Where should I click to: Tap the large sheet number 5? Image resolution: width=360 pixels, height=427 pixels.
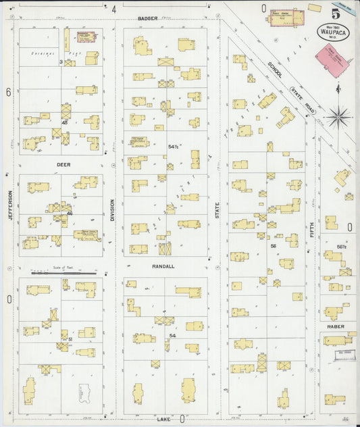pyautogui.click(x=335, y=11)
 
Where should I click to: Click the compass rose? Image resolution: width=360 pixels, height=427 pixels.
pyautogui.click(x=337, y=116)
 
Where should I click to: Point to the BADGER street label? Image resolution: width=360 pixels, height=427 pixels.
pyautogui.click(x=147, y=18)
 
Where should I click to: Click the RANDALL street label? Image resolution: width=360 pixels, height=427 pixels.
pyautogui.click(x=163, y=266)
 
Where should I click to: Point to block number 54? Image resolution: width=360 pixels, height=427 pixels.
pyautogui.click(x=173, y=335)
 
